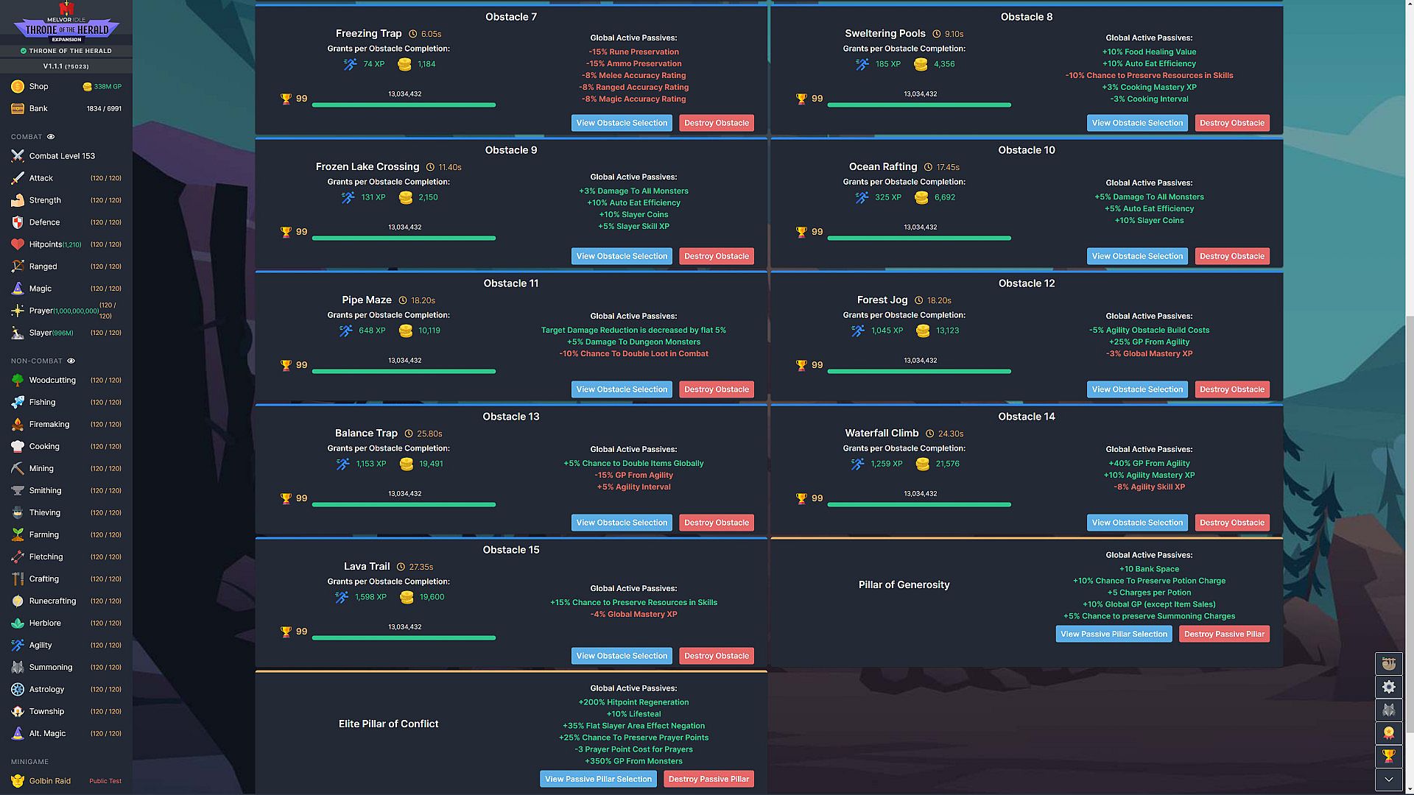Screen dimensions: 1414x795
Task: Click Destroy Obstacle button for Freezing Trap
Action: coord(717,123)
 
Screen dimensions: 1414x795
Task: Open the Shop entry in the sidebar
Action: coord(38,86)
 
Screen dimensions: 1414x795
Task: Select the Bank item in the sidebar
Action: coord(38,108)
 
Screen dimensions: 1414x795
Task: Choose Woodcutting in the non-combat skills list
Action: coord(52,380)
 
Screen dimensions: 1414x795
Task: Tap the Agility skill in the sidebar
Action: coord(41,645)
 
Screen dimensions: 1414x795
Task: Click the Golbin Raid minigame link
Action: coord(50,781)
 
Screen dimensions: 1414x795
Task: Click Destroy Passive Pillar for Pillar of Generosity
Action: coord(1224,634)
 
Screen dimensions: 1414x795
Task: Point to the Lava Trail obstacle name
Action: coord(367,566)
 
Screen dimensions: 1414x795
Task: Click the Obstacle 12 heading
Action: coord(1027,283)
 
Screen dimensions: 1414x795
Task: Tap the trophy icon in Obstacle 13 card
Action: coord(286,498)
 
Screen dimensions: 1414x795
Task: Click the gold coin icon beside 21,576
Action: coord(922,464)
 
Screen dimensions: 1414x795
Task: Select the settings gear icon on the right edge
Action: coord(1389,687)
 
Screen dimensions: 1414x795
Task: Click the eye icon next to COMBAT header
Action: coord(51,137)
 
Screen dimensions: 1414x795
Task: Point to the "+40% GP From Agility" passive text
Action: coord(1149,463)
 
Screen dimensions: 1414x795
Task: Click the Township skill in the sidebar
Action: coord(46,711)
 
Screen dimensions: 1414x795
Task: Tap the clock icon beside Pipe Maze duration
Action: coord(403,300)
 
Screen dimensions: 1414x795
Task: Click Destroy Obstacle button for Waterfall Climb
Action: coord(1232,523)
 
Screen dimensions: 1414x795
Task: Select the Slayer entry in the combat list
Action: coord(41,333)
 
